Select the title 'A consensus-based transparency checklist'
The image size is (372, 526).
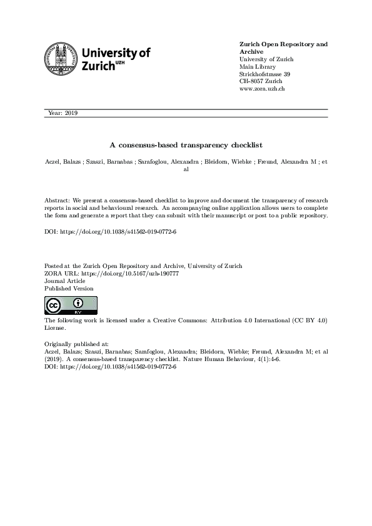coord(186,144)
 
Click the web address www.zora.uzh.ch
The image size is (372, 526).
coord(263,89)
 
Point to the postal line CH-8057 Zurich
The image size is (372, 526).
coord(261,82)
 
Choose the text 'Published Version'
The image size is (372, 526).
coord(69,289)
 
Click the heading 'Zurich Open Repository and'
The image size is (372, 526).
coord(283,44)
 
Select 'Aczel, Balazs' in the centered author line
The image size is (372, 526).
coord(64,161)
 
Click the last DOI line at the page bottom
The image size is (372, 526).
coord(111,366)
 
